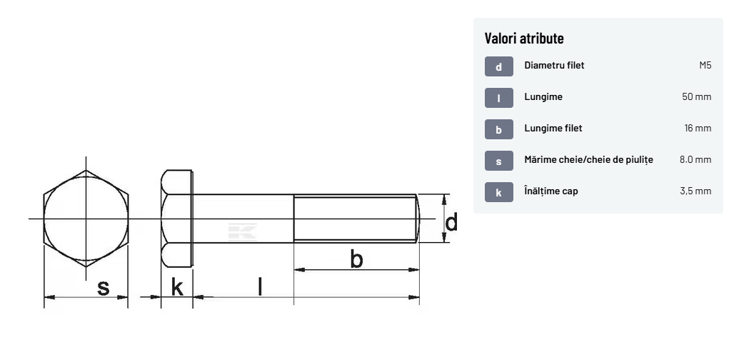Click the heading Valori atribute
(x=524, y=38)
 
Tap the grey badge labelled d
(x=499, y=66)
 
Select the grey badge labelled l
(x=499, y=98)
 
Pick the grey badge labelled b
(x=499, y=129)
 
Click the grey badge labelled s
(x=499, y=161)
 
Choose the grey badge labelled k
(x=499, y=192)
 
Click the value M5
(x=705, y=65)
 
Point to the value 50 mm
(x=696, y=96)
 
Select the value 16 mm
(x=698, y=128)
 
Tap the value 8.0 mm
(x=695, y=159)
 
